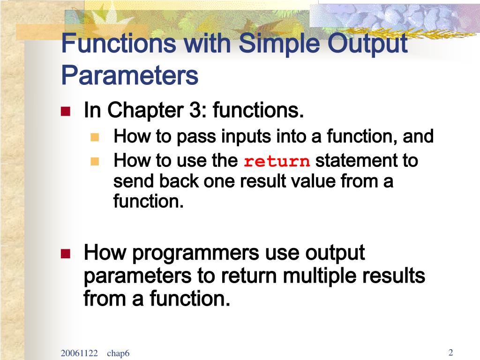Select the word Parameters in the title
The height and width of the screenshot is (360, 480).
130,75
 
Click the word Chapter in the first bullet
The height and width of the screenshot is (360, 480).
145,111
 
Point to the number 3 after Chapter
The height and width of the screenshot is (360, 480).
195,110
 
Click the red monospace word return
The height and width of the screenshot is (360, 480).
277,161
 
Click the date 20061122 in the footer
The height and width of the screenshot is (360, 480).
79,353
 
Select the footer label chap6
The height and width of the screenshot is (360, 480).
118,353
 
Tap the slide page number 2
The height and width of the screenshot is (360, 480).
450,352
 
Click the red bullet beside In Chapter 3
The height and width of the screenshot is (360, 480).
66,111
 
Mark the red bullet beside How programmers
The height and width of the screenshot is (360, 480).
66,254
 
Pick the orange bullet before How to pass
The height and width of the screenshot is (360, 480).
95,137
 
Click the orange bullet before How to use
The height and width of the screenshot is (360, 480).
95,161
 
